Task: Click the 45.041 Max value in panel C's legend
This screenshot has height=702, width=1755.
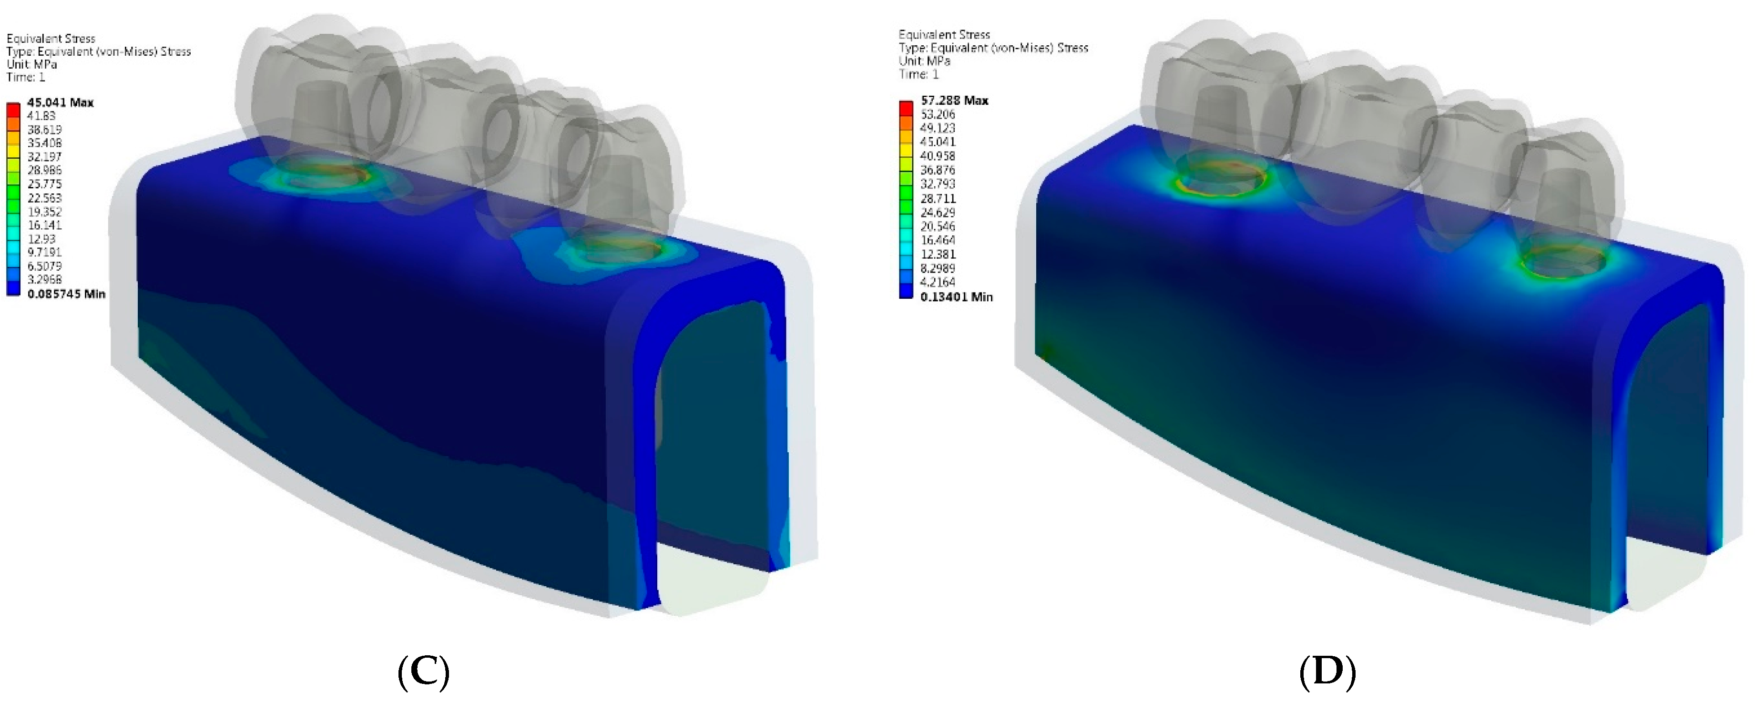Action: click(60, 102)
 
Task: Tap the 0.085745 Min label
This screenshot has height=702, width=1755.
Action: click(66, 294)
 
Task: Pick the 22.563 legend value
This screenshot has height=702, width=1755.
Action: click(44, 197)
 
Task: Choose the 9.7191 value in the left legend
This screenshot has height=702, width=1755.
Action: click(44, 252)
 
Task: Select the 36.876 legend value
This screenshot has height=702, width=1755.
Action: click(938, 170)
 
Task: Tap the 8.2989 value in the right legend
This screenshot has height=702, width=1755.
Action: click(938, 267)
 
